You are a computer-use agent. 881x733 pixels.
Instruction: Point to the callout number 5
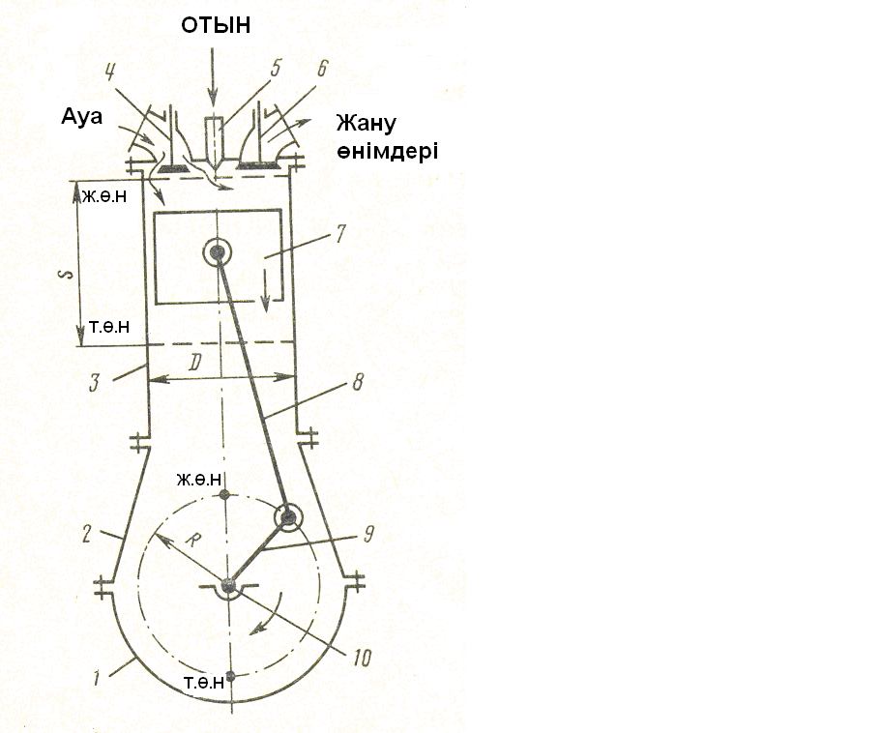point(276,69)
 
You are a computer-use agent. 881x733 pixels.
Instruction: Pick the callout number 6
point(322,69)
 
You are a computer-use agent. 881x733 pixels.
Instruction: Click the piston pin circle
point(216,253)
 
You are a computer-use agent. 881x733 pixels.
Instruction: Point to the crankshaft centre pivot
point(228,585)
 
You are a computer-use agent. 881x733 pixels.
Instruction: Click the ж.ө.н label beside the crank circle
point(200,479)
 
